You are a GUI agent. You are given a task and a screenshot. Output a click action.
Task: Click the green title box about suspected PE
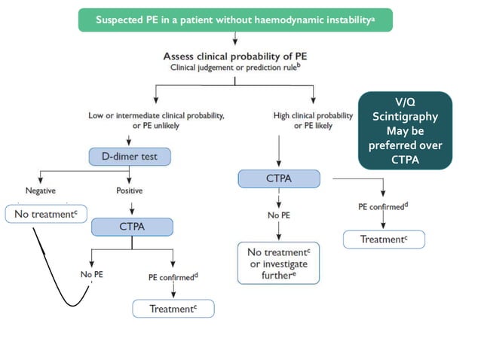click(x=234, y=18)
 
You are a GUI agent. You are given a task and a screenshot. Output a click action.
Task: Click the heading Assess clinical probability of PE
click(x=234, y=56)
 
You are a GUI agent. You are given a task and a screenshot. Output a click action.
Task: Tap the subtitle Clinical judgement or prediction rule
click(x=234, y=68)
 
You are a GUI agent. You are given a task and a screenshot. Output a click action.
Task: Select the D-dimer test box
click(x=130, y=157)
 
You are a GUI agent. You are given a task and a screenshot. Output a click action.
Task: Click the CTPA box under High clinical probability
click(x=279, y=179)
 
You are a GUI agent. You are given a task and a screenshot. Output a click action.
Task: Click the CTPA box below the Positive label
click(x=132, y=226)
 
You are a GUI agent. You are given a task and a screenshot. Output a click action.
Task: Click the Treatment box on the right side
click(x=383, y=239)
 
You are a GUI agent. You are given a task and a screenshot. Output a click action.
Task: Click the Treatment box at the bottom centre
click(x=173, y=308)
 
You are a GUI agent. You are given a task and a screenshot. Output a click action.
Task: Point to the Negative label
click(x=38, y=191)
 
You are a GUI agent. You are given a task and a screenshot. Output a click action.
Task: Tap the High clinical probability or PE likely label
click(x=313, y=120)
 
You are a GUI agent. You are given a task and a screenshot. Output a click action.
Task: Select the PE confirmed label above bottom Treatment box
click(x=173, y=276)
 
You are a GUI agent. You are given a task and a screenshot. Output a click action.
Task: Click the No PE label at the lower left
click(x=91, y=274)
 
